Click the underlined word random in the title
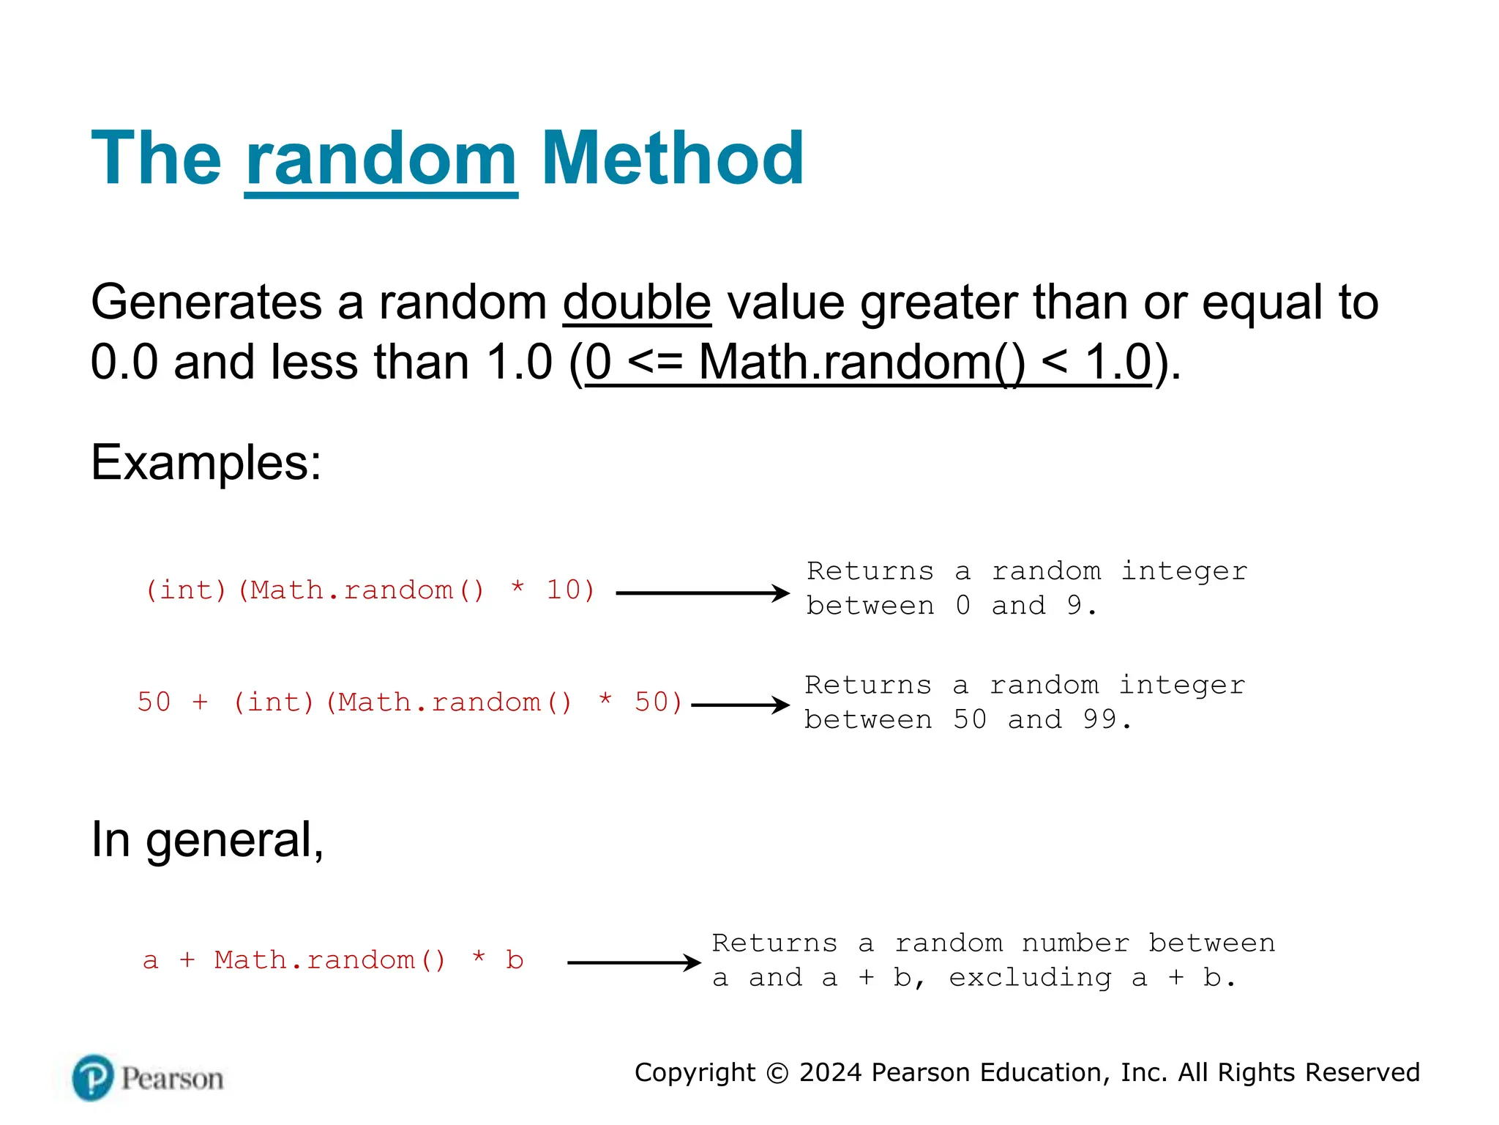[x=381, y=159]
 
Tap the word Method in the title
[x=672, y=159]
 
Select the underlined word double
[x=637, y=302]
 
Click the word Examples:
[x=206, y=463]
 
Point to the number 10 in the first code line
[x=564, y=590]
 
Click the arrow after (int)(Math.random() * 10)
[x=702, y=593]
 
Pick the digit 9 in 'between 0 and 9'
[x=1074, y=606]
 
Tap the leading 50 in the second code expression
[x=154, y=702]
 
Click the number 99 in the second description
[x=1099, y=720]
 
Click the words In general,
[x=207, y=839]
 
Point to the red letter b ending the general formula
[x=515, y=960]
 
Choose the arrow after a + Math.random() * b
[x=633, y=963]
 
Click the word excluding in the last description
[x=1030, y=978]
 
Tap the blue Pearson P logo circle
[x=93, y=1078]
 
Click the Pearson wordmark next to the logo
[x=172, y=1079]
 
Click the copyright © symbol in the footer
[x=777, y=1073]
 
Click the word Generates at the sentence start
[x=206, y=302]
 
